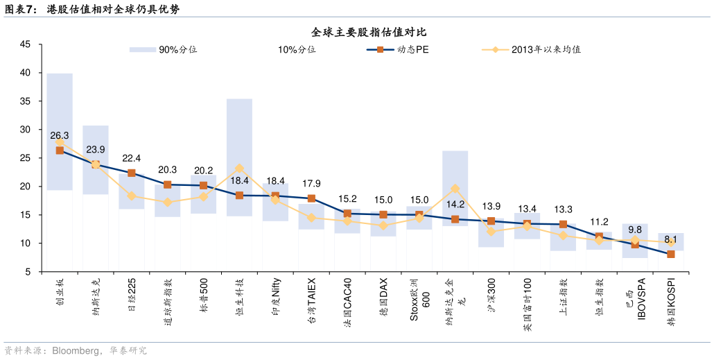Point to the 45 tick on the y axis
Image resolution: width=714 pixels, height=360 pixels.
(25, 44)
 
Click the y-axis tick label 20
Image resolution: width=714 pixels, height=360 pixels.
(25, 187)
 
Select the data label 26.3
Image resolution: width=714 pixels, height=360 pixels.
(60, 135)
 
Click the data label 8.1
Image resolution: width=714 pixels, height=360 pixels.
(671, 240)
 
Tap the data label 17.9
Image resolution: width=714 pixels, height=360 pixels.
(311, 184)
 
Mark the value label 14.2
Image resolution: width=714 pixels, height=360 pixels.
(455, 205)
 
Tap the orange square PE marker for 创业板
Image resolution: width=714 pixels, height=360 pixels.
(60, 151)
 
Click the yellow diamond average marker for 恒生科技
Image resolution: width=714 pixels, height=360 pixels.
(239, 169)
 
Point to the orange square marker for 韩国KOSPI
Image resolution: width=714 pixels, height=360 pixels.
(671, 255)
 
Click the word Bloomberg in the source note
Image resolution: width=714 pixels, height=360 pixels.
(73, 351)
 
